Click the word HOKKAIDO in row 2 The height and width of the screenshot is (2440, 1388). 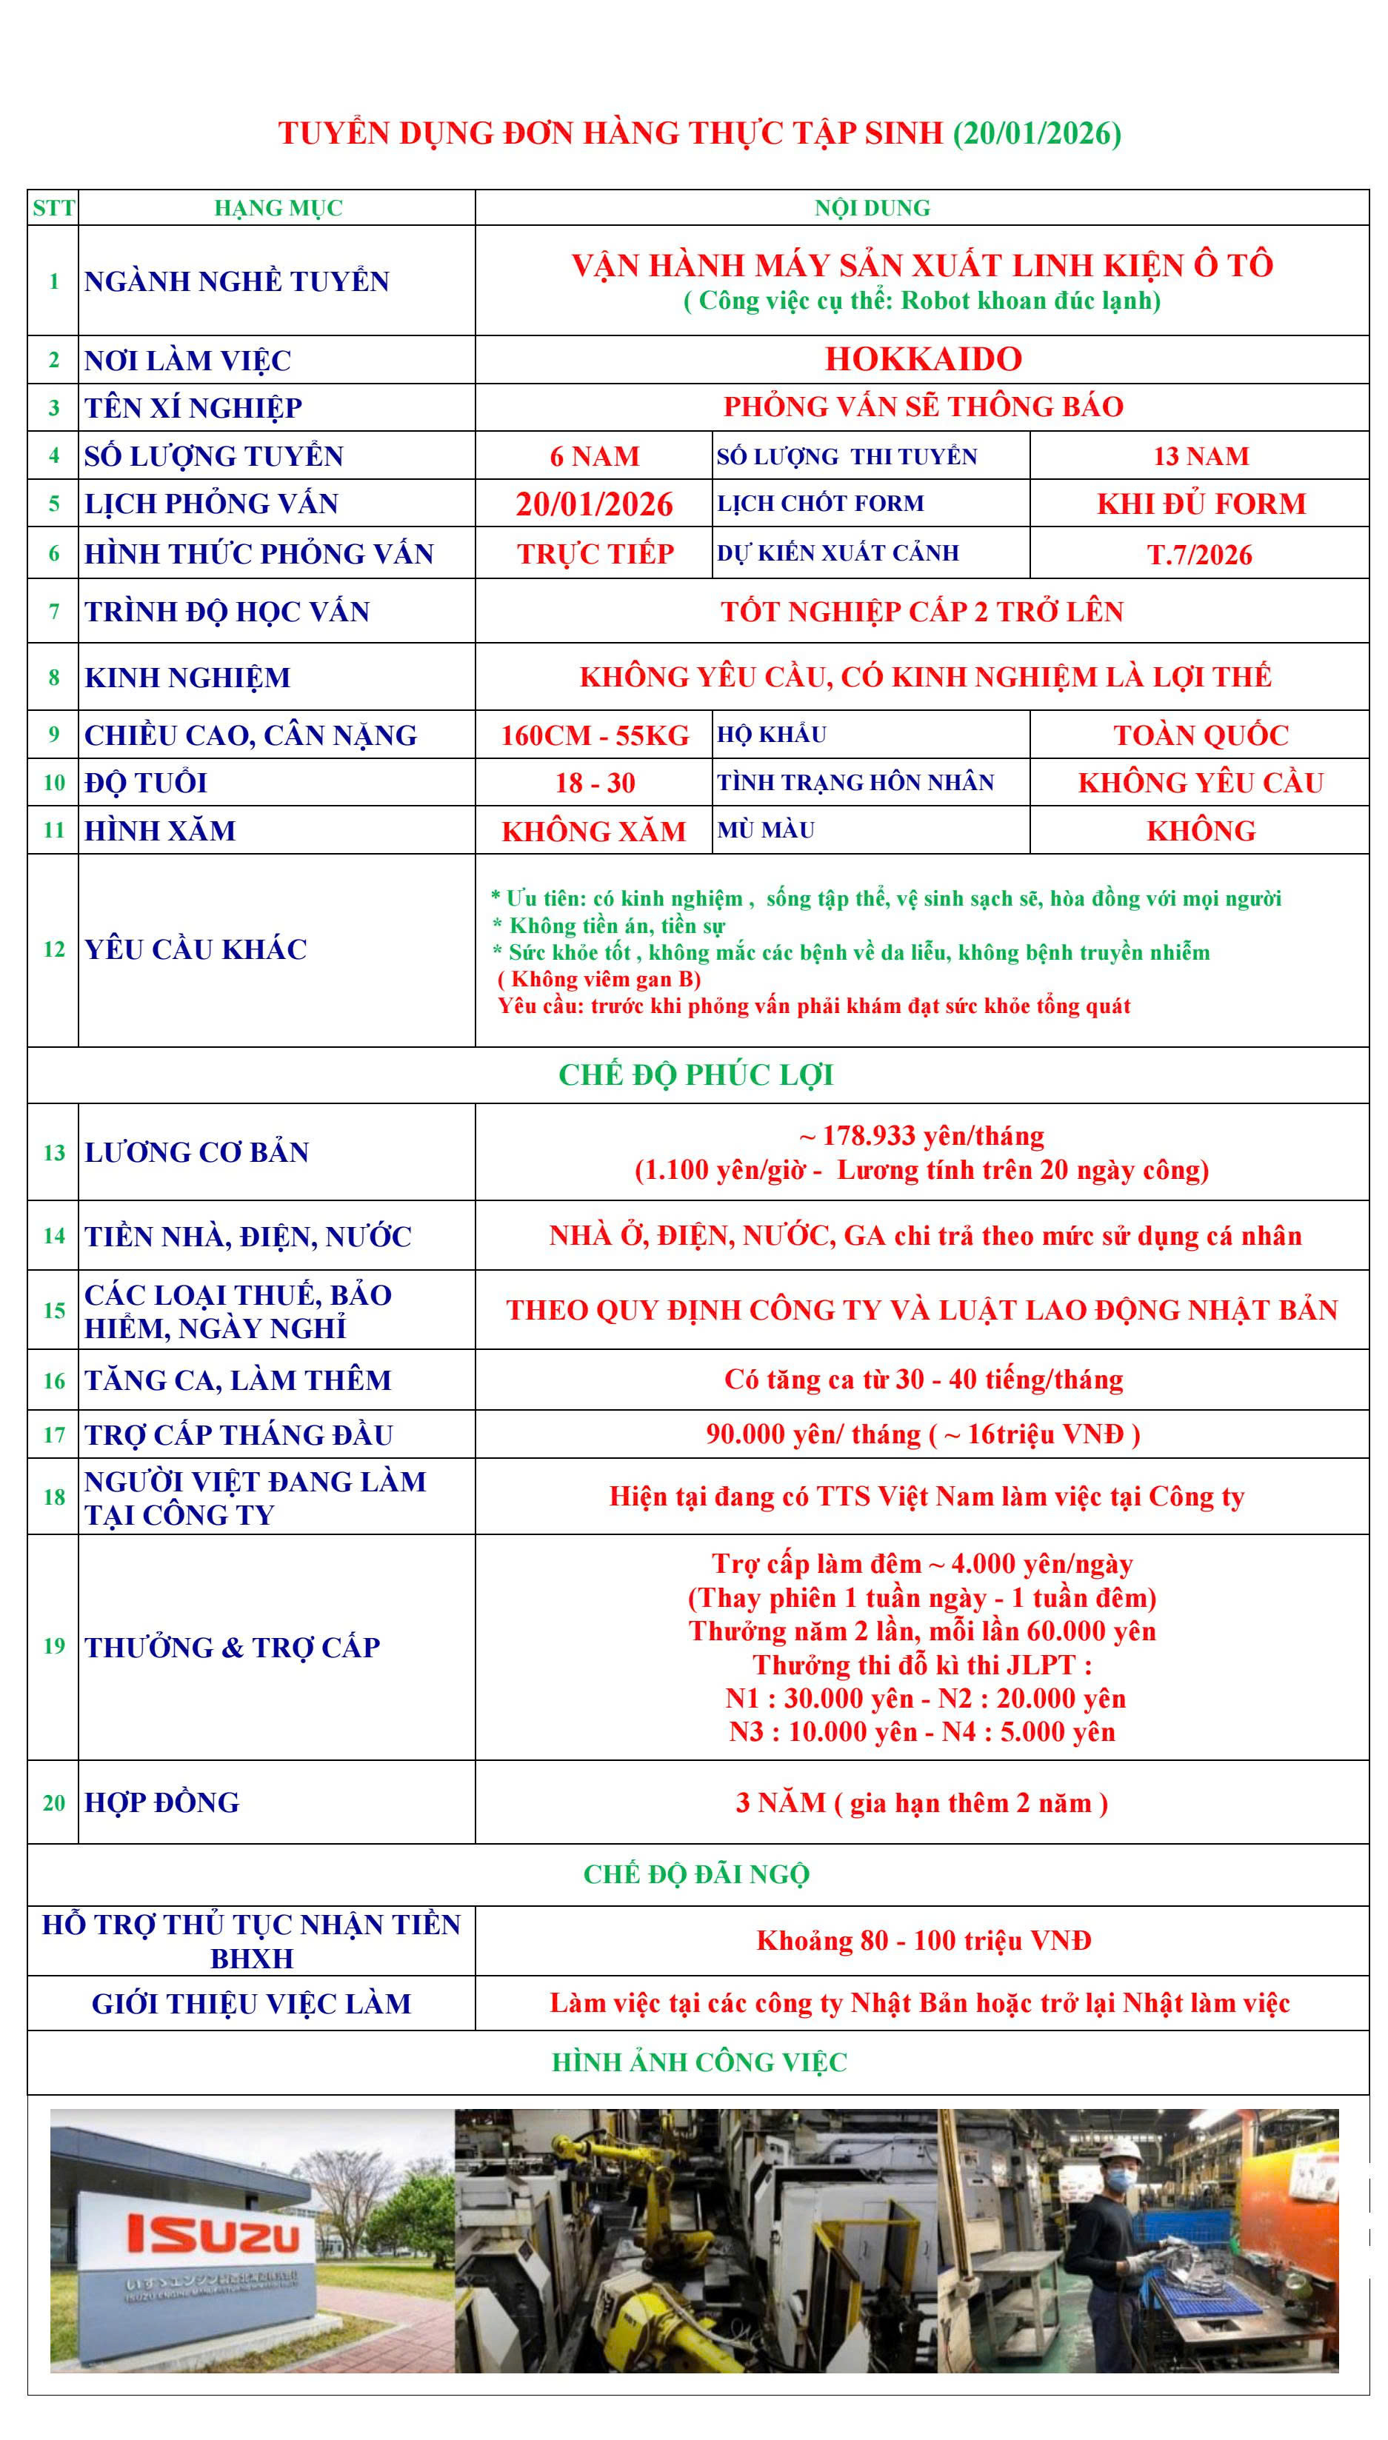[x=923, y=359]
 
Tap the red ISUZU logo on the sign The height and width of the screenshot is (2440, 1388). [x=213, y=2233]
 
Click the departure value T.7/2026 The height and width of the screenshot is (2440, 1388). [x=1199, y=555]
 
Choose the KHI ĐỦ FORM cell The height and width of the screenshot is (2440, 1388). [x=1200, y=504]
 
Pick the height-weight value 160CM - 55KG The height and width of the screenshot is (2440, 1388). [x=594, y=735]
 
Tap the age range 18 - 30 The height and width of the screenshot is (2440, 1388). [x=595, y=783]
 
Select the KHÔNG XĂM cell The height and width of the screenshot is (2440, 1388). [x=594, y=831]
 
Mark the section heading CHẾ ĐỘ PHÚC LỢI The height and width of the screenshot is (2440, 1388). [x=696, y=1075]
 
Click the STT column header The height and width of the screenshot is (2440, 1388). [x=53, y=208]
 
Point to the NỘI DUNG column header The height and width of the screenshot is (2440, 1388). [x=872, y=208]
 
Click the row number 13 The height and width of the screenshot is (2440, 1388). [x=53, y=1152]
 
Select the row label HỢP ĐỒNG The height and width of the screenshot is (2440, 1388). [x=162, y=1802]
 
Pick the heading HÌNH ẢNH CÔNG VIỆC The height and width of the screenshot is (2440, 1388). [x=698, y=2062]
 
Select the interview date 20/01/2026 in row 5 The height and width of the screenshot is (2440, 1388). [x=594, y=504]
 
